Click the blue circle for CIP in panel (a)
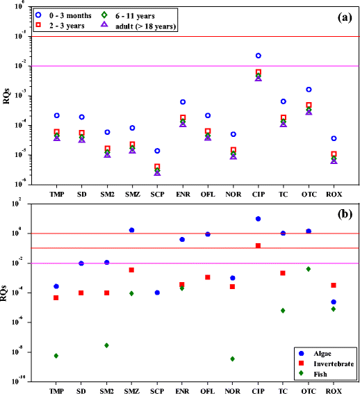(259, 56)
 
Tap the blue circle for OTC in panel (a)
(309, 90)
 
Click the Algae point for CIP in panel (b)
(259, 219)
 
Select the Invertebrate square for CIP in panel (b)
(259, 246)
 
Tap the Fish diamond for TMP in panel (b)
(56, 356)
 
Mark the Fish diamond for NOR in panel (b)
(233, 359)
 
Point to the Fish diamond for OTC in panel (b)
(309, 269)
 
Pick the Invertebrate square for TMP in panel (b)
(56, 298)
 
